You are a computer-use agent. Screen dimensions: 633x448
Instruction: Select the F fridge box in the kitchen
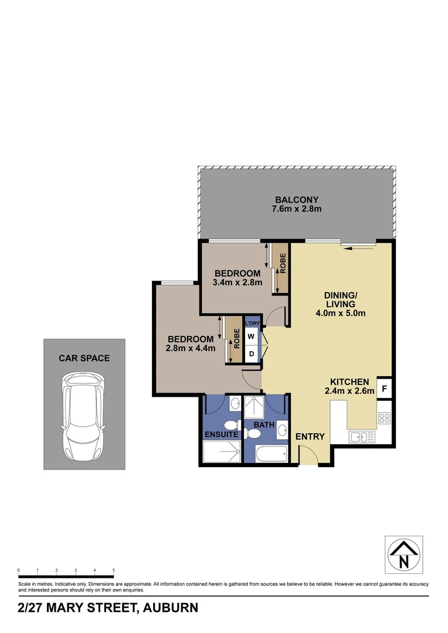[x=384, y=388]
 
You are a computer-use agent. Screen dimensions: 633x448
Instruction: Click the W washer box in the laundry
[x=251, y=336]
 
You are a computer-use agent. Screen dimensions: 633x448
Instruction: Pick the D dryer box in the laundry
[x=251, y=354]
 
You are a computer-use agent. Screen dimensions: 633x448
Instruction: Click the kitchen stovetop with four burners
[x=385, y=418]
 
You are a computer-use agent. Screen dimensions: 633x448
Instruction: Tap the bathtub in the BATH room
[x=271, y=453]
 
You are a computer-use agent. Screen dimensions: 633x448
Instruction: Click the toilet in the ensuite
[x=232, y=424]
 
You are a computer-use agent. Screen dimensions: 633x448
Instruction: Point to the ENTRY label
[x=310, y=437]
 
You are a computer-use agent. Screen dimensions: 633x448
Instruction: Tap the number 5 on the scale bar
[x=113, y=570]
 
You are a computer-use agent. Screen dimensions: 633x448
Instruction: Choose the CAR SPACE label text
[x=84, y=358]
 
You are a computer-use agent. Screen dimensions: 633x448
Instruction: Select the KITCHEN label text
[x=349, y=381]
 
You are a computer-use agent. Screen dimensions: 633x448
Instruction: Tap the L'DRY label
[x=252, y=324]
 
